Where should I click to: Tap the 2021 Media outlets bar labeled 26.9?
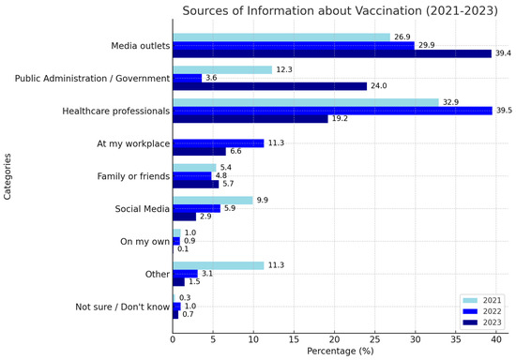[x=281, y=37]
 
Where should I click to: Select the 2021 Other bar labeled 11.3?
[x=219, y=265]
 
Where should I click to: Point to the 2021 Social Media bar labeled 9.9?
[x=213, y=200]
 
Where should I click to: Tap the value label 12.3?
[x=284, y=70]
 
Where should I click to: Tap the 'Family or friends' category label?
[x=132, y=176]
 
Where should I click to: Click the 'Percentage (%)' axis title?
[x=340, y=352]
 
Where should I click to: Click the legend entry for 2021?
[x=481, y=299]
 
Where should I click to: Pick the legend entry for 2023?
[x=481, y=322]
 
